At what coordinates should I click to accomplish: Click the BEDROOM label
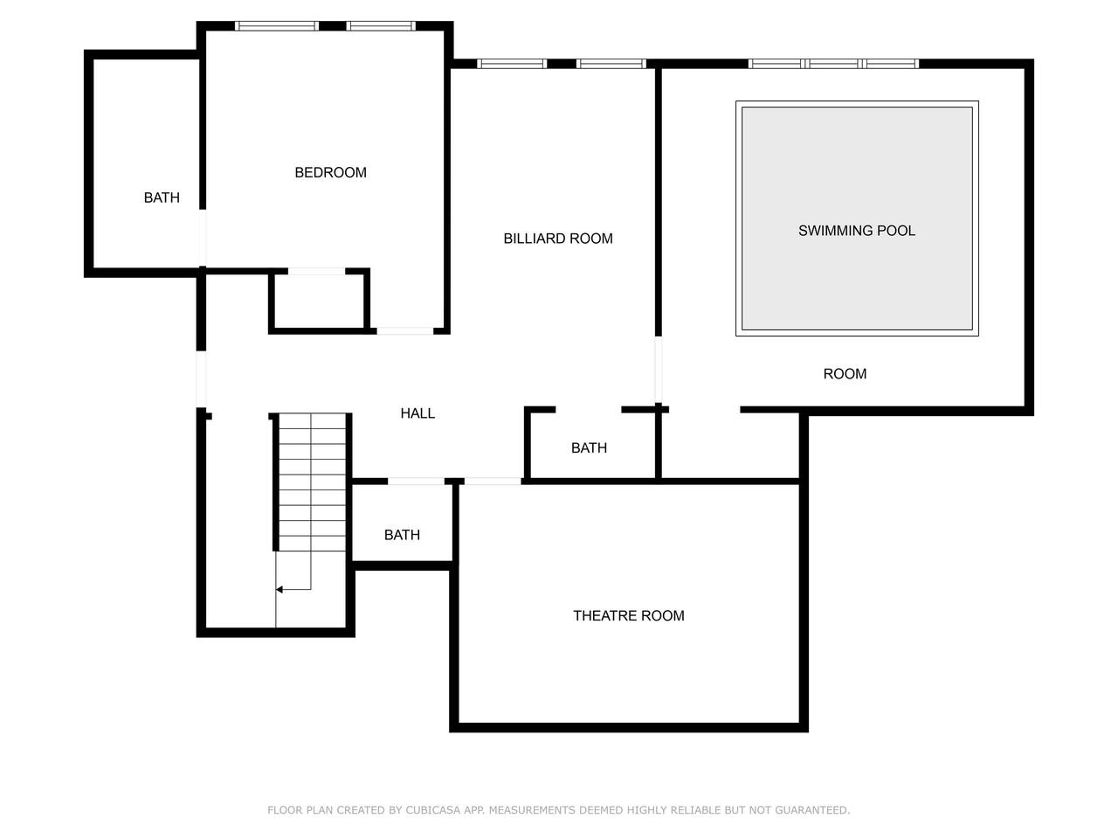coord(330,172)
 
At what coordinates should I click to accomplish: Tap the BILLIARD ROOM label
coord(558,239)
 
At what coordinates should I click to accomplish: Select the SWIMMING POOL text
coord(856,231)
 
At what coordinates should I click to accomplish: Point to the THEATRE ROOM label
coord(629,615)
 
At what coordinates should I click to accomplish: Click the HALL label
coord(418,413)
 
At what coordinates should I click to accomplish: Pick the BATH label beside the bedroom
coord(162,198)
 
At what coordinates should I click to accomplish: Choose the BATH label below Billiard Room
coord(589,447)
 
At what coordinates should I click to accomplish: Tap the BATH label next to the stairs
coord(402,535)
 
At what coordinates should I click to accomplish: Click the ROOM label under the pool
coord(845,374)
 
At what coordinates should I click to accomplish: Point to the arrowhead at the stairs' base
coord(279,589)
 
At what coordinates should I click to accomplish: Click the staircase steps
coord(312,482)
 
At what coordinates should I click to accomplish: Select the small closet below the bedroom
coord(320,302)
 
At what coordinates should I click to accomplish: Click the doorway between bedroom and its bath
coord(203,238)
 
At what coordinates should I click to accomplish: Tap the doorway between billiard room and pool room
coord(658,370)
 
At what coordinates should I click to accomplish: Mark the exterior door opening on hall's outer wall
coord(201,379)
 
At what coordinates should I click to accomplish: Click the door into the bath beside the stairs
coord(416,482)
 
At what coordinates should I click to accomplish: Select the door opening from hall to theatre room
coord(493,482)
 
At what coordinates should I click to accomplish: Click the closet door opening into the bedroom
coord(316,272)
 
